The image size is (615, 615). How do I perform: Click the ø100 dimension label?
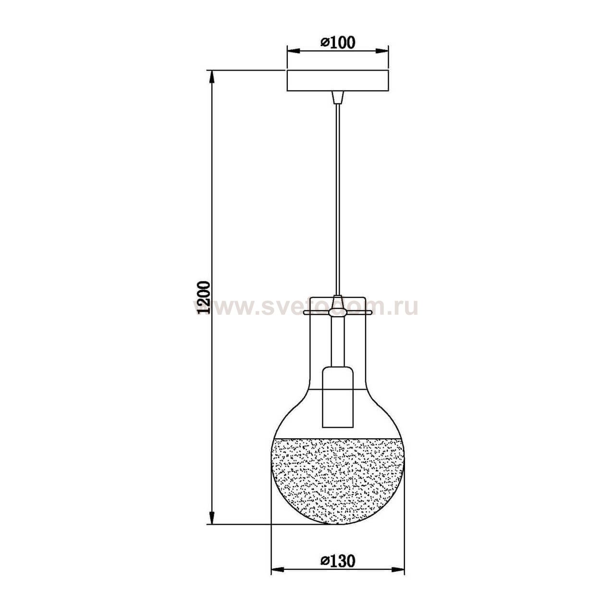338,42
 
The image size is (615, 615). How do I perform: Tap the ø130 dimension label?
338,561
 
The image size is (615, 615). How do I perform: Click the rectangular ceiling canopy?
338,81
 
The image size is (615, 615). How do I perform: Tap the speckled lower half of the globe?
338,480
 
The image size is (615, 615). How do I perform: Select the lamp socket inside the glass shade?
338,396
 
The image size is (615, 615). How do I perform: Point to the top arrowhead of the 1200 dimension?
211,75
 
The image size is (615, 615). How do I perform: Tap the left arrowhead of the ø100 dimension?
291,50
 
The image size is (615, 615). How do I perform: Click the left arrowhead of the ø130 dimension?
276,570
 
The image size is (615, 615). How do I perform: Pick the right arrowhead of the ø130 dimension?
401,570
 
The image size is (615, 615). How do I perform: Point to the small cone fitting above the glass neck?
338,302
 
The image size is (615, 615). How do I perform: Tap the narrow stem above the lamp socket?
338,344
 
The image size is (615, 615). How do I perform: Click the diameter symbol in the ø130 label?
325,561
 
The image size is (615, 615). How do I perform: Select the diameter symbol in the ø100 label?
325,43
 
